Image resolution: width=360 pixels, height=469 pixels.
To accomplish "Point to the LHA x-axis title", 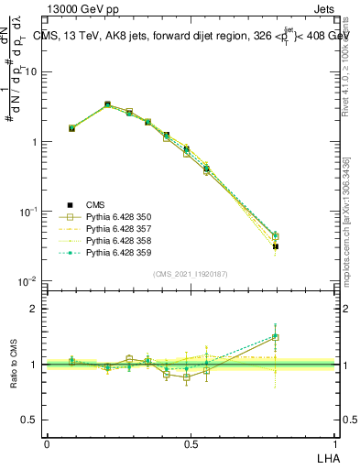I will click(x=327, y=456).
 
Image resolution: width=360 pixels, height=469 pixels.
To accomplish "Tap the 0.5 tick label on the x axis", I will click(x=191, y=443).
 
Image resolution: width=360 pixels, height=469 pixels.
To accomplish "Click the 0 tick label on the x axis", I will click(x=47, y=443).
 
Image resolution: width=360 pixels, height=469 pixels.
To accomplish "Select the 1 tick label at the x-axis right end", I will click(x=334, y=443).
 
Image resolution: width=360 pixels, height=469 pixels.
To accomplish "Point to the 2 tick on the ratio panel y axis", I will click(x=36, y=309).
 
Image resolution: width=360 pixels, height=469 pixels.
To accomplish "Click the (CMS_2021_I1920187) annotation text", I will click(x=191, y=274).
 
